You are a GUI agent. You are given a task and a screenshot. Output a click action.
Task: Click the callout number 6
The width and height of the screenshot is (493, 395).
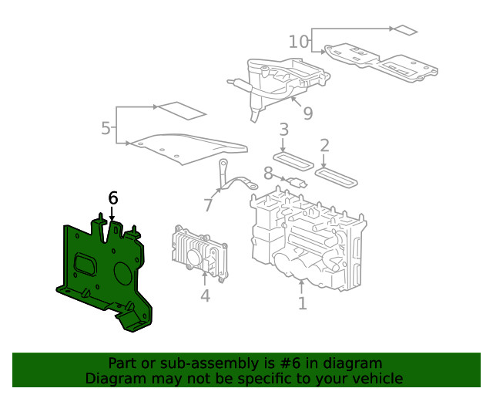coord(113,198)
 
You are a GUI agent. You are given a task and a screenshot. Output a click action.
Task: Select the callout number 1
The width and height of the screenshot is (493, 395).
coord(302,303)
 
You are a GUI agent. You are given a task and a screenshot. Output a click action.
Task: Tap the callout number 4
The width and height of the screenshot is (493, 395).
coord(205,295)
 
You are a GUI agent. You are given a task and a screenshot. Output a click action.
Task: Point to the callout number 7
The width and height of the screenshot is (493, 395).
coord(207,205)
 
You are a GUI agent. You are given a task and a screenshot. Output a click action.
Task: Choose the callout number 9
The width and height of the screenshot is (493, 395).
coord(307,114)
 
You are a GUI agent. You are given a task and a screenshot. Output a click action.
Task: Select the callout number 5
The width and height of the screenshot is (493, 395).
coord(106,128)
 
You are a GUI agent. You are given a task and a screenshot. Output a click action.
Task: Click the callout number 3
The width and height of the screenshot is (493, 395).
coord(283,129)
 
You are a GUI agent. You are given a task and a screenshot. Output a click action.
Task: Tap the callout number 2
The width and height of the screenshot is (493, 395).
coord(324,145)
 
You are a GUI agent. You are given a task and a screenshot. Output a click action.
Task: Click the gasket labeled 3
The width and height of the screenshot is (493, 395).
coord(293,160)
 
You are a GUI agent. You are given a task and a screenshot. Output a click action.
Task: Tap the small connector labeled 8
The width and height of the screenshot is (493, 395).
coord(297,183)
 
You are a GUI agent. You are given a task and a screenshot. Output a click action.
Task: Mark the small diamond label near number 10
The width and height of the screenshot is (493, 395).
coord(404,30)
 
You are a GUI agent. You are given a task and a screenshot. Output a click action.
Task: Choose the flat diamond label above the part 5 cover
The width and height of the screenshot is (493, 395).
coord(183,110)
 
